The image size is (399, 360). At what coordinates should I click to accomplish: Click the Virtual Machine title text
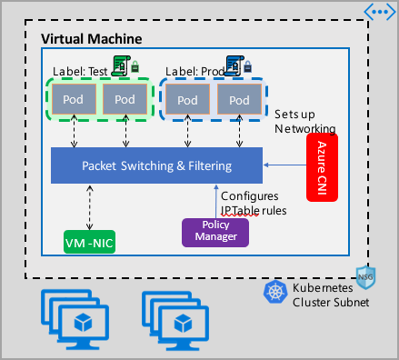[94, 40]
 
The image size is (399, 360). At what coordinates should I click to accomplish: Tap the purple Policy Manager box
[216, 231]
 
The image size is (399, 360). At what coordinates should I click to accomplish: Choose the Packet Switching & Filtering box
[156, 165]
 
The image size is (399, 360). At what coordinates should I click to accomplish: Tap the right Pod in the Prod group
[239, 99]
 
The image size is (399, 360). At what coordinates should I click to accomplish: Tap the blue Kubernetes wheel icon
[274, 291]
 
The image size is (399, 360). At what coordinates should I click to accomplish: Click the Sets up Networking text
[305, 122]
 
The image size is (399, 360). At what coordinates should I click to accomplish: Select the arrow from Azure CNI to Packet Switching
[286, 165]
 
